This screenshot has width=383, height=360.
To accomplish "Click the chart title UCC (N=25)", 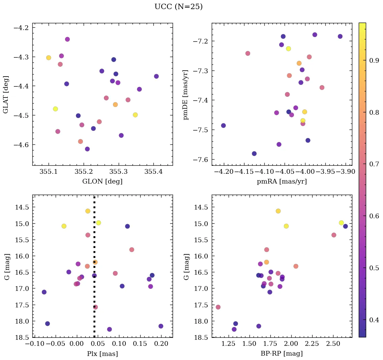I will tap(178, 7).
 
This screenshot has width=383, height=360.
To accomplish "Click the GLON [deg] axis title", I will tap(102, 182).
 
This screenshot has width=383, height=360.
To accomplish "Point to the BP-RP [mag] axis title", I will tap(282, 354).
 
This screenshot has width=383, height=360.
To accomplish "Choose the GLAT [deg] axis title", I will tap(6, 94).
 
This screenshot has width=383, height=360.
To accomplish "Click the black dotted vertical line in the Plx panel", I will tap(94, 243).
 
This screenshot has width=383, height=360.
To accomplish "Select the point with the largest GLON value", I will tap(156, 76).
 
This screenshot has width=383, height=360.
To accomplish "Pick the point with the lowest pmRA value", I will tap(223, 126).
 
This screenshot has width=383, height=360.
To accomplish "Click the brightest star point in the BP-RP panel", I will tap(278, 211).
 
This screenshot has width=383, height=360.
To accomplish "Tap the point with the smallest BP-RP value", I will tap(218, 307).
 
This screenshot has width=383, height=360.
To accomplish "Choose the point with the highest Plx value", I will tap(161, 326).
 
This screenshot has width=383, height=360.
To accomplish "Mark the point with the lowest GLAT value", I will tap(87, 149).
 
